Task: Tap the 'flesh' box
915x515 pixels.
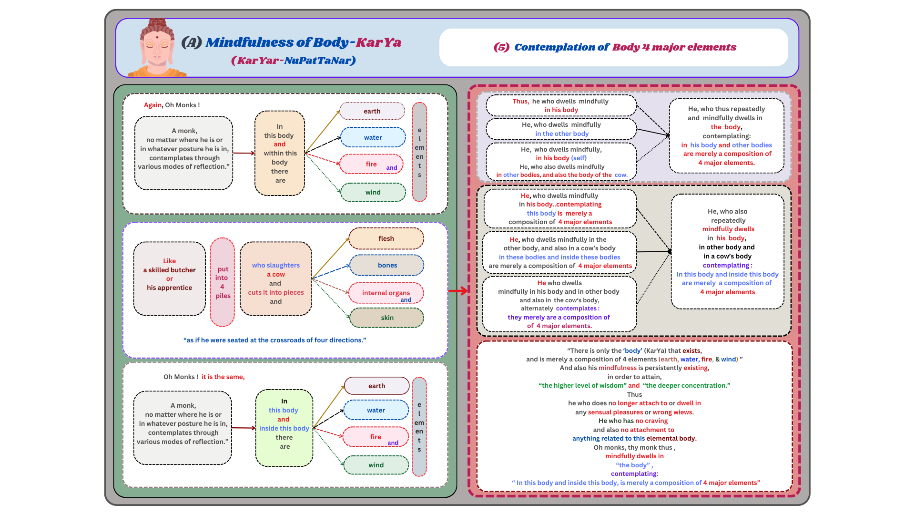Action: (x=386, y=238)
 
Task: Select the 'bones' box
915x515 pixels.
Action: (x=386, y=265)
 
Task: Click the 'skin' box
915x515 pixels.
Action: (x=386, y=318)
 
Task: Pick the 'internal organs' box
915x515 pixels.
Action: (x=386, y=293)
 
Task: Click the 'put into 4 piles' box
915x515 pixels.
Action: (x=223, y=282)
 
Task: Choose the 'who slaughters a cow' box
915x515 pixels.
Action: (x=276, y=279)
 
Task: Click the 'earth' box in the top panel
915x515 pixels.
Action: (x=372, y=111)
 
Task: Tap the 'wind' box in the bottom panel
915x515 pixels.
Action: (x=376, y=465)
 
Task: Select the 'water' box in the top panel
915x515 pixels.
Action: (x=373, y=137)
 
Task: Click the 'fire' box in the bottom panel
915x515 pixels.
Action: (x=376, y=437)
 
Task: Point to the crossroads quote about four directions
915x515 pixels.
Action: (x=275, y=340)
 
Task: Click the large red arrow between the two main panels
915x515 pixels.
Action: (x=458, y=290)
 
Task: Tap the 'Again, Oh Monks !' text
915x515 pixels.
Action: (x=172, y=105)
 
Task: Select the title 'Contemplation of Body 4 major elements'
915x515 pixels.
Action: (x=615, y=47)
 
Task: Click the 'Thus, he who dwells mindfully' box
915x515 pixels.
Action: (x=561, y=105)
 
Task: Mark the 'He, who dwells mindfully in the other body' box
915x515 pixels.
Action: (x=561, y=129)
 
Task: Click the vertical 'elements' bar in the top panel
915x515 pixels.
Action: (x=419, y=152)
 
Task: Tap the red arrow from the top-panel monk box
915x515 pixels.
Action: (x=244, y=153)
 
